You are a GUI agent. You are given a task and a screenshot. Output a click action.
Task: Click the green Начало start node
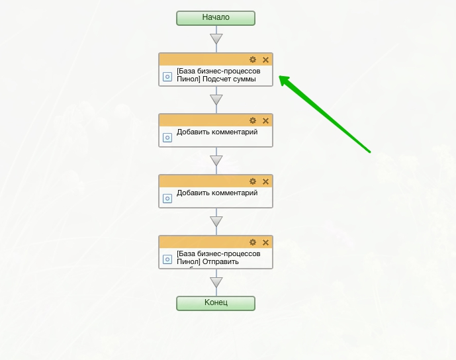point(216,18)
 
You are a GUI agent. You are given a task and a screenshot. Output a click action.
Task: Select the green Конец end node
point(216,302)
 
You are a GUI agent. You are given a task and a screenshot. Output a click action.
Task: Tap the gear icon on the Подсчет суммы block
point(252,60)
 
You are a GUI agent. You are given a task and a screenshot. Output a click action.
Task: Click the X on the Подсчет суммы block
point(265,60)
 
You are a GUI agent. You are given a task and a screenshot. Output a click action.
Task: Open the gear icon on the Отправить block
point(252,242)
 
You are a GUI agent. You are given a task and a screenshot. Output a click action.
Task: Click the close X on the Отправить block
point(265,242)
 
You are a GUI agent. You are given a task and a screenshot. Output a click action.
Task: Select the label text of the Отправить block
point(218,257)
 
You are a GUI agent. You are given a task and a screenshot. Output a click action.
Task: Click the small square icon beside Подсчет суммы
point(167,77)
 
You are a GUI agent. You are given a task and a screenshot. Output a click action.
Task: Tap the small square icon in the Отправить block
point(167,259)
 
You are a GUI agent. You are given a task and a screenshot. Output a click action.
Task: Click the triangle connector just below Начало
point(216,39)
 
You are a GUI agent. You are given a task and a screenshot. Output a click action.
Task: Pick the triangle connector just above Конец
point(216,283)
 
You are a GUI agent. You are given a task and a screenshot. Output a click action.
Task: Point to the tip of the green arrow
point(280,77)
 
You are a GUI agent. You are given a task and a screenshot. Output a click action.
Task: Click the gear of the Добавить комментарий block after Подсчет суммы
point(252,120)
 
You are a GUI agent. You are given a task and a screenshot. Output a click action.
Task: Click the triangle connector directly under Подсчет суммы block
point(216,100)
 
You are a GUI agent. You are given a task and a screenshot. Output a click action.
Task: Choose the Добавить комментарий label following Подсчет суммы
point(216,132)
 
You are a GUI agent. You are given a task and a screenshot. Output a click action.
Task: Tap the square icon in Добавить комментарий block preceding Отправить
point(167,198)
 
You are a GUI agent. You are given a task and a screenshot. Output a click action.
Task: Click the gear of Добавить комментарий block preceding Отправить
point(252,181)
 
